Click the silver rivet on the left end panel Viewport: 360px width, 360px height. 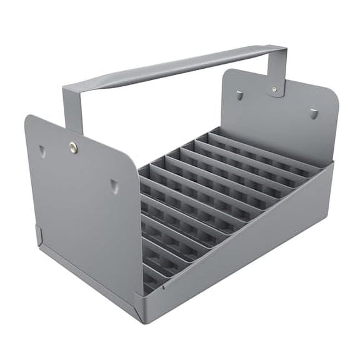point(73,147)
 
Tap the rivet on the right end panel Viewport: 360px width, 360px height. point(274,91)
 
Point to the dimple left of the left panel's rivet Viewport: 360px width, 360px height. point(41,151)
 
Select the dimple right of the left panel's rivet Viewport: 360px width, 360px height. point(114,185)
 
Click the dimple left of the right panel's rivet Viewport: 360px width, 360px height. point(240,96)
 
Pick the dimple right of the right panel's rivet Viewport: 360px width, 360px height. point(314,113)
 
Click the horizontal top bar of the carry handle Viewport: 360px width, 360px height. point(175,66)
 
